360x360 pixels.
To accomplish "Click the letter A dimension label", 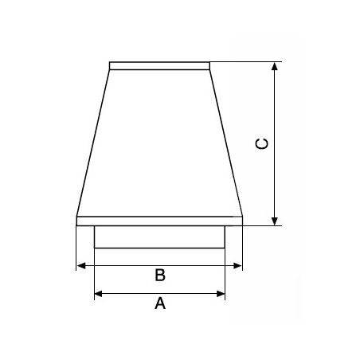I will [x=159, y=303].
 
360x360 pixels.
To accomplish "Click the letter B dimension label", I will [x=159, y=275].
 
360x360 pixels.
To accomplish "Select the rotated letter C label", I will [x=262, y=143].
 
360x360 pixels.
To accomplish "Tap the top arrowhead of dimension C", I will [x=276, y=67].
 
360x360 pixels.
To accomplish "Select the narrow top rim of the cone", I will [x=159, y=65].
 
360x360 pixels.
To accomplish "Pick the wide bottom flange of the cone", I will [x=159, y=220].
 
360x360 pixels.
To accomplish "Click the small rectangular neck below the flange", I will [x=159, y=237].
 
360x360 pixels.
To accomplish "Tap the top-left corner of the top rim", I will [x=110, y=62].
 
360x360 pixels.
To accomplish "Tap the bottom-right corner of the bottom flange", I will [x=242, y=225].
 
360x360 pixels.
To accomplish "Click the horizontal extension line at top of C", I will [x=247, y=62].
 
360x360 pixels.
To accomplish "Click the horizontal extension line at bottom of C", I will [x=263, y=225].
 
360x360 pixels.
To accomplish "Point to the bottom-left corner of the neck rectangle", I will [x=95, y=248].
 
